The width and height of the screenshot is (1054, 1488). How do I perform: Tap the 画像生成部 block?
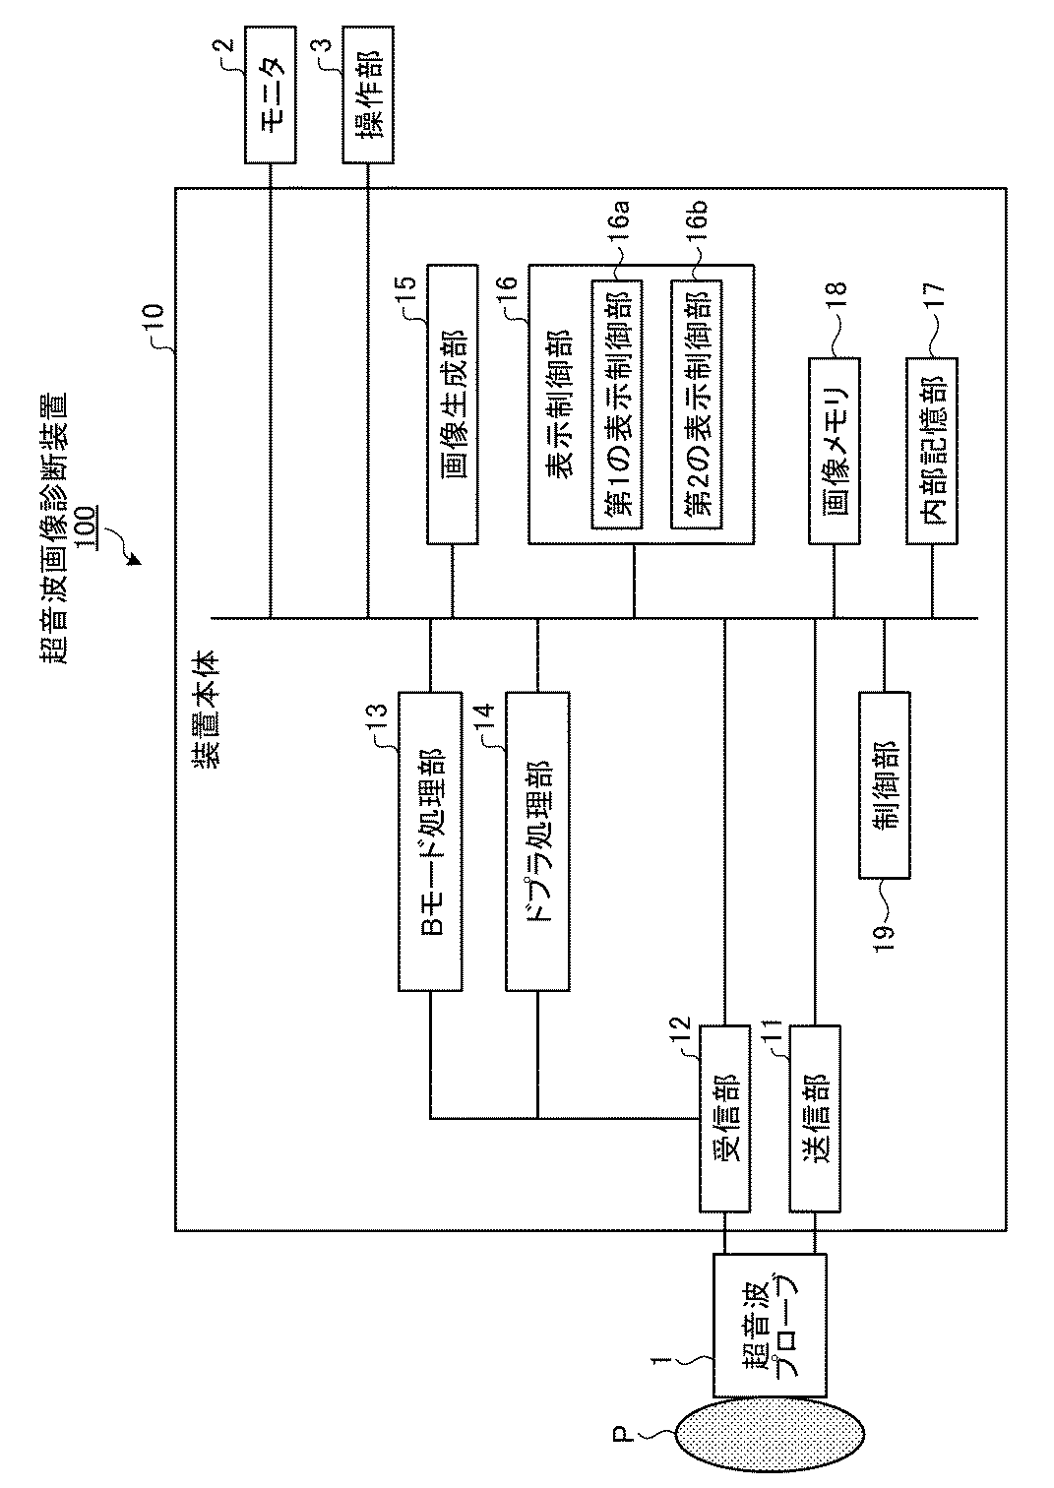pos(453,403)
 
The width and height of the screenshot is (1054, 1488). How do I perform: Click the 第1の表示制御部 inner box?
pos(617,404)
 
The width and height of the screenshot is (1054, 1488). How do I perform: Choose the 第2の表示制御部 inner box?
pos(697,404)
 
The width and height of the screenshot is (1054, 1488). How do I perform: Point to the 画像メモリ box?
pos(836,451)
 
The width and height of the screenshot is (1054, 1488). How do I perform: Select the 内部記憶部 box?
pos(932,449)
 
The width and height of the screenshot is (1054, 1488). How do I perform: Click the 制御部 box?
pos(885,784)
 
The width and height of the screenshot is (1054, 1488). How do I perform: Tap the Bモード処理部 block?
pos(430,840)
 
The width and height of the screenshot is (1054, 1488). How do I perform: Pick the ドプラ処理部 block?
pos(537,840)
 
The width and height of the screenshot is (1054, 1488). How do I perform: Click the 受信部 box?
pos(724,1118)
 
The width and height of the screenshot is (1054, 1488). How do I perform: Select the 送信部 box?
pos(815,1118)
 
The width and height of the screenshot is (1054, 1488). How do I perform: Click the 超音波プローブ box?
pos(769,1325)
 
